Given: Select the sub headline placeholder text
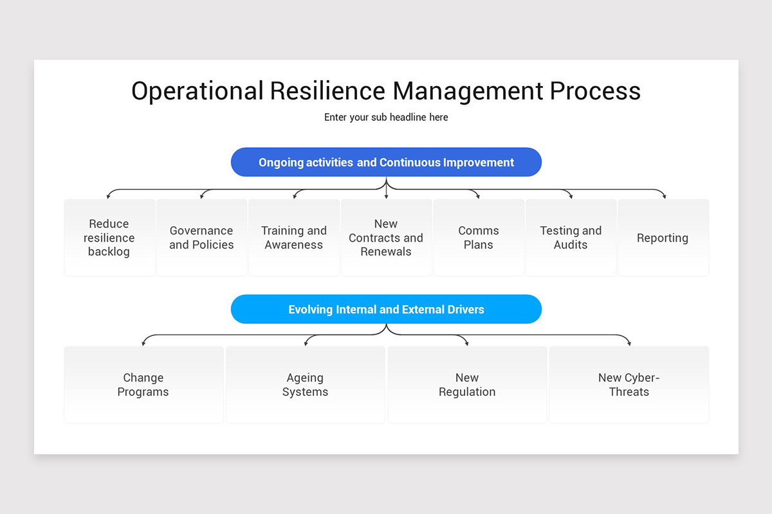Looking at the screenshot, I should pos(386,118).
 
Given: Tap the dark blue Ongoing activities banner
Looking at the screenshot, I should pos(386,163).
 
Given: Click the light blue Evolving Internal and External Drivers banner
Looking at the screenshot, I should pos(386,310).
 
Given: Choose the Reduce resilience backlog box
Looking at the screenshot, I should pos(109,238).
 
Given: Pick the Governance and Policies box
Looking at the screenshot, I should pos(201,238).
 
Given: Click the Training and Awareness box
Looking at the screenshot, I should pos(294,238).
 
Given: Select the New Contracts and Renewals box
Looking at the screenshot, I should pos(386,238).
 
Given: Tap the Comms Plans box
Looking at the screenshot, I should pos(479,238).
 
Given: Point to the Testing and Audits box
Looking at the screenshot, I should pos(571,238).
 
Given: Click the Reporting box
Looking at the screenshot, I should pos(663,238).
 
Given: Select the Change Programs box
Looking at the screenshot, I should pos(143,385).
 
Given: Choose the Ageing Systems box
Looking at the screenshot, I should pos(306,385).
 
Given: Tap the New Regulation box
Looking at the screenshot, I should pos(467,385).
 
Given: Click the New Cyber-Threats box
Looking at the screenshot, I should pos(629,385).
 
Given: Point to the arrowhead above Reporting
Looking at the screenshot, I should pos(664,196).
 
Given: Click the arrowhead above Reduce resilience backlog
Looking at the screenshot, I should pos(109,196).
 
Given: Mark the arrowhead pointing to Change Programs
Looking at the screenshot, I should pos(143,343).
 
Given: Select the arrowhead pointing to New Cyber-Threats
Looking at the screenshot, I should pos(629,343).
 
